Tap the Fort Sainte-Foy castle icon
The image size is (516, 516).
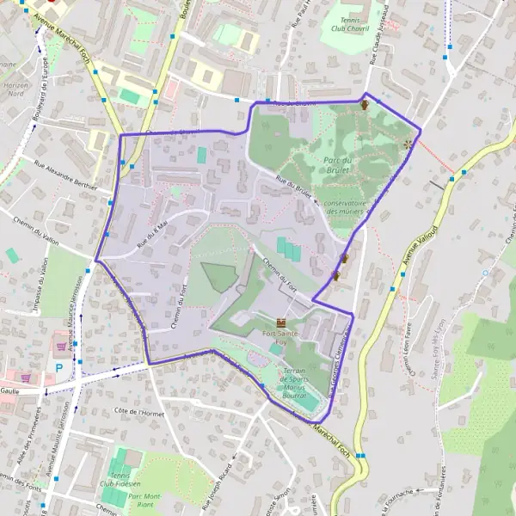281,322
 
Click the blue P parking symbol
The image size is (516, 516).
58,367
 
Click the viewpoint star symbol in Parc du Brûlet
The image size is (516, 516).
408,144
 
